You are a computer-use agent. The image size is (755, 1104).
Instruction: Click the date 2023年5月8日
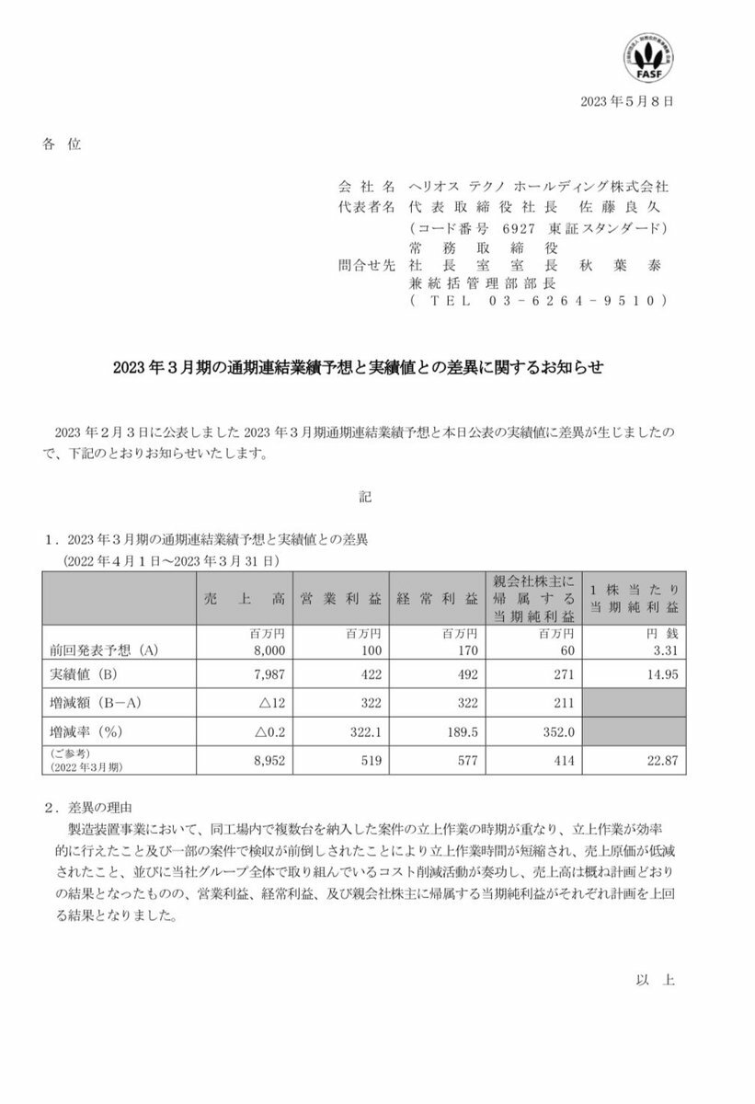coord(627,101)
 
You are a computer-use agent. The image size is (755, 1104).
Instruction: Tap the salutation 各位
coord(62,144)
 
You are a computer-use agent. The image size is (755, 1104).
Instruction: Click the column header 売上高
coord(246,600)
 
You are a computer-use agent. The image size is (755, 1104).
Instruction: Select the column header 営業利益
coord(339,600)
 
